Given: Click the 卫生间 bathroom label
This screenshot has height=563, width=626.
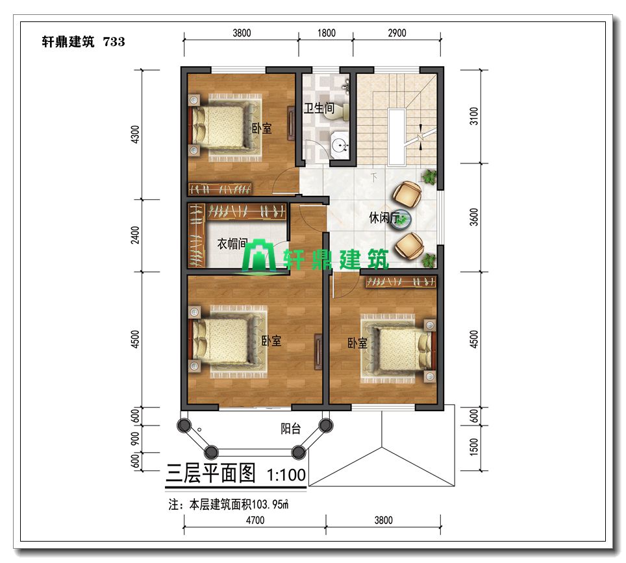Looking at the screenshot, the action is click(x=319, y=108).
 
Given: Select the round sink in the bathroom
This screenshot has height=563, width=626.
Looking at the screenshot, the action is click(x=340, y=145).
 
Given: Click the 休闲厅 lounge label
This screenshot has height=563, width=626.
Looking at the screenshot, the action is click(x=384, y=217).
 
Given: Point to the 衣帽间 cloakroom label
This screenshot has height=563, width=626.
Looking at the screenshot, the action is click(x=232, y=244).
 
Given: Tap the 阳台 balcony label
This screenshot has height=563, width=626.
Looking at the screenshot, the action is click(x=291, y=429).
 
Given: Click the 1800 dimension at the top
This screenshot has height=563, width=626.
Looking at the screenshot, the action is click(x=326, y=33).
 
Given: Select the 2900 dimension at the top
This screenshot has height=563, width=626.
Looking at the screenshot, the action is click(x=397, y=33).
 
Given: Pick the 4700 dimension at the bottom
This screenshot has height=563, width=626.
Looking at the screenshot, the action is click(x=255, y=520).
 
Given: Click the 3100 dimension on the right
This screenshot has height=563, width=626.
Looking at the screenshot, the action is click(x=474, y=116).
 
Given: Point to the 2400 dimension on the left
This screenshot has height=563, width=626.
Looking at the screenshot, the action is click(x=135, y=235).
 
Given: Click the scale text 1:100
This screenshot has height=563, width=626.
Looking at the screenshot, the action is click(x=286, y=475).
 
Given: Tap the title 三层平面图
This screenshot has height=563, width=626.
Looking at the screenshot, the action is click(x=210, y=473).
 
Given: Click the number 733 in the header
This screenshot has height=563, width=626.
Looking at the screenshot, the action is click(x=114, y=42).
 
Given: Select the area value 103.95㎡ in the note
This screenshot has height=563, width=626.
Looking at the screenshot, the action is click(x=270, y=505).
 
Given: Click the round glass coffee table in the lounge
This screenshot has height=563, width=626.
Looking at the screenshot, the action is click(x=401, y=220).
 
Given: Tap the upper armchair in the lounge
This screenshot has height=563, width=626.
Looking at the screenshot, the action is click(x=407, y=194).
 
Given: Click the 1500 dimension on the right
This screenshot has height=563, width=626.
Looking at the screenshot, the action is click(x=474, y=446).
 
